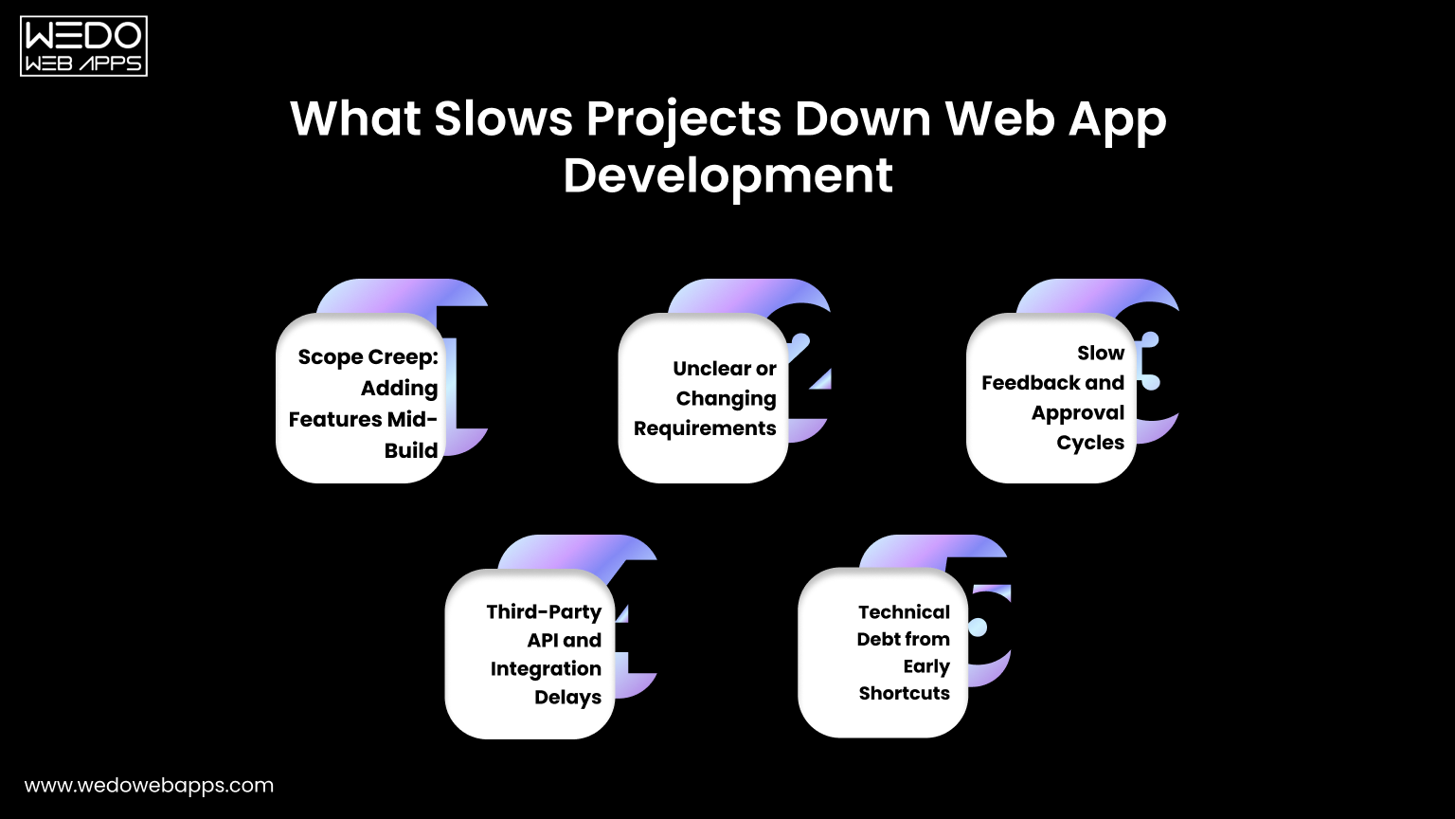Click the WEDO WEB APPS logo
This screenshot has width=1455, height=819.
[x=83, y=45]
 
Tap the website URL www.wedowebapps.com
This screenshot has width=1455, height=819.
[x=149, y=786]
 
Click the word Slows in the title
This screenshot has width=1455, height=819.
[x=504, y=119]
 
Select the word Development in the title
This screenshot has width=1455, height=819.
[x=727, y=176]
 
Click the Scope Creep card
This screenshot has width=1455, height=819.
[x=361, y=398]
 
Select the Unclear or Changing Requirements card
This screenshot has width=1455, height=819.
[x=703, y=398]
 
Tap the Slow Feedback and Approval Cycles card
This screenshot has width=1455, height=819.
[x=1051, y=398]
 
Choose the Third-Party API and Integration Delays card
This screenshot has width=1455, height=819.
[x=530, y=654]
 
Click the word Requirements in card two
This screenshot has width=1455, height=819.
[x=705, y=428]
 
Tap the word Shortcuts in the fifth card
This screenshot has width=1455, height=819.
[x=904, y=694]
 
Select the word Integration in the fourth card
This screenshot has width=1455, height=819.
[x=546, y=669]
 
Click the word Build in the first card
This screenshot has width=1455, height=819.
[x=411, y=450]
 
